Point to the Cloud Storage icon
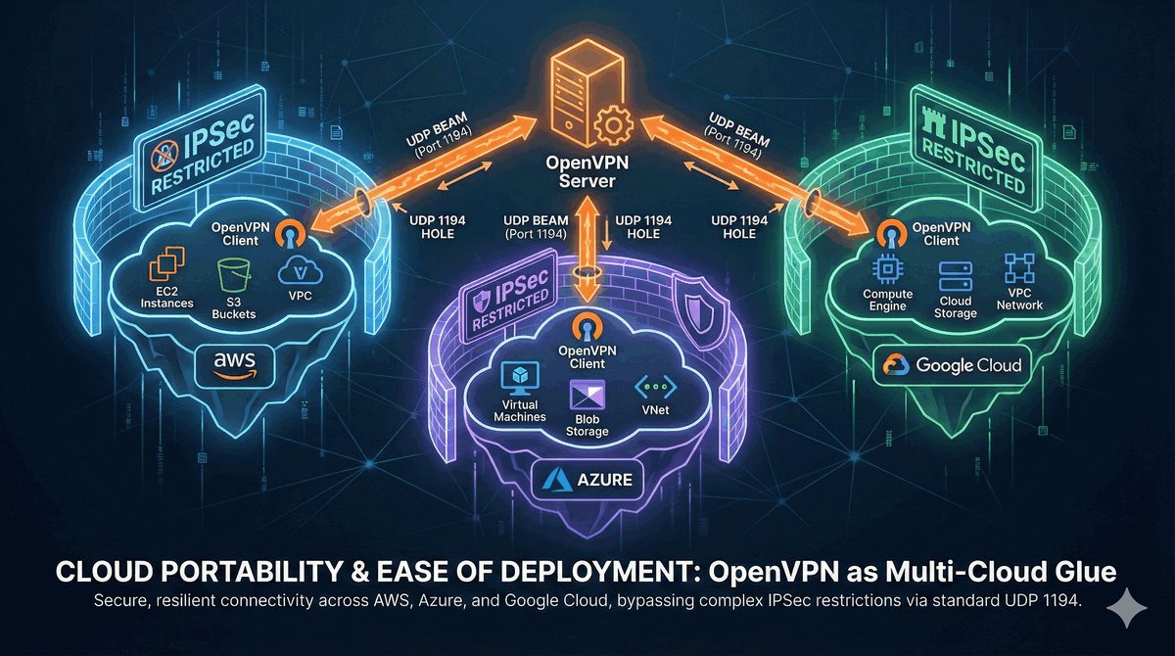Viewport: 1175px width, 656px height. pos(955,274)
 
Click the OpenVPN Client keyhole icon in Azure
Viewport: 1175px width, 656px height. pos(585,325)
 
